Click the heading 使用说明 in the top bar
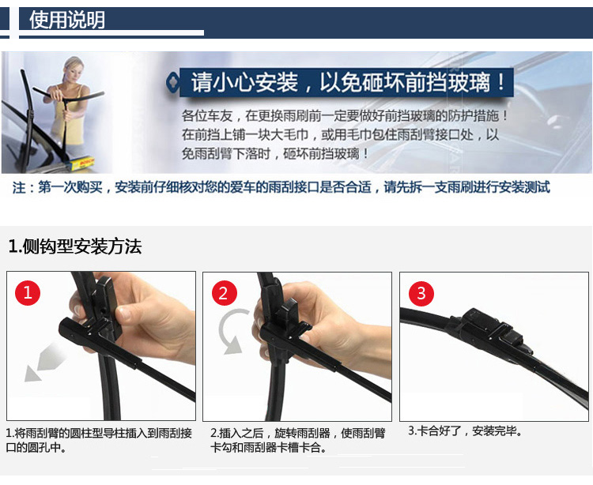click(x=67, y=20)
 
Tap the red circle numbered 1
click(x=28, y=293)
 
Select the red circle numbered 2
click(x=225, y=293)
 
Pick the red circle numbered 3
click(x=421, y=294)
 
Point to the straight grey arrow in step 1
click(x=44, y=362)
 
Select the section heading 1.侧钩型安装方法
click(x=75, y=246)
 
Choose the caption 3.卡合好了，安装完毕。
click(x=465, y=430)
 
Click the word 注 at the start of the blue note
click(x=19, y=187)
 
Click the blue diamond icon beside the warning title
click(x=173, y=82)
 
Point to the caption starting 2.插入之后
click(x=297, y=441)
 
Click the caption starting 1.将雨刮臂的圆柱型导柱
click(x=99, y=441)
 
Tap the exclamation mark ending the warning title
click(x=501, y=82)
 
